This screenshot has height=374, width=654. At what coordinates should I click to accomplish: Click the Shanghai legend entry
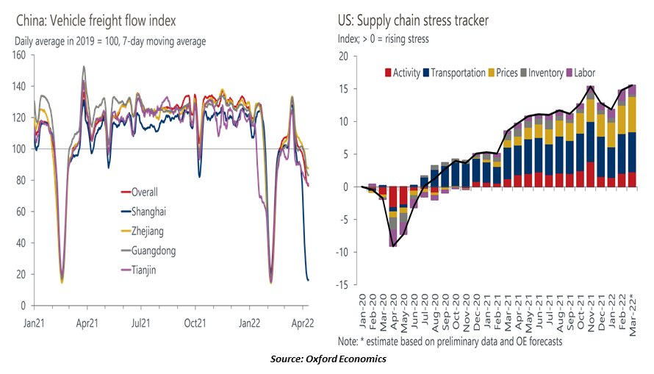143,212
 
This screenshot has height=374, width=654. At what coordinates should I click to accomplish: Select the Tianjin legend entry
138,270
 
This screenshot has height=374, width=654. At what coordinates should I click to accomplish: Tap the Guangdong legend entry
148,251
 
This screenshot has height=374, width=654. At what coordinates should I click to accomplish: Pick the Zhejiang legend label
143,231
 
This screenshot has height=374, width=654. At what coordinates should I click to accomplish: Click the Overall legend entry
140,192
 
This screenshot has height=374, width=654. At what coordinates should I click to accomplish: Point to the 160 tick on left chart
18,55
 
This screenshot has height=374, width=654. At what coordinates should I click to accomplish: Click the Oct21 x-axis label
195,323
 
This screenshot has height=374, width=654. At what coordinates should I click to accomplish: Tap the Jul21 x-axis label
140,323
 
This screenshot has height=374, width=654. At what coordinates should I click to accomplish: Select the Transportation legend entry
454,73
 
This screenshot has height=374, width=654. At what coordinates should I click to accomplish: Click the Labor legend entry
581,73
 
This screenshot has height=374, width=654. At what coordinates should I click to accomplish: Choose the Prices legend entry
503,73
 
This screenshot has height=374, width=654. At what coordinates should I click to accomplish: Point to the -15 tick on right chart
344,285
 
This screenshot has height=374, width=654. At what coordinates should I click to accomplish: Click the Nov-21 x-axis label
591,313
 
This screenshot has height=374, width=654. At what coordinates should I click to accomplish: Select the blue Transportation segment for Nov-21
591,142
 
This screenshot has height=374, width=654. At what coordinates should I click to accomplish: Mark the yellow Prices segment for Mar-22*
633,115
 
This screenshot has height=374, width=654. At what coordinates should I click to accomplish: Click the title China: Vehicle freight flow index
96,21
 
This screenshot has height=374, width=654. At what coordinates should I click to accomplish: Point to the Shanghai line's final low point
308,280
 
